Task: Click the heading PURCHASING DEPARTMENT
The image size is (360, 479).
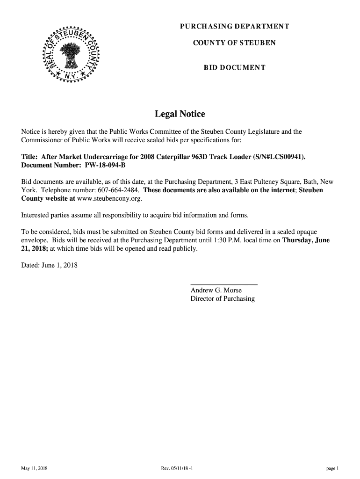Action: click(x=234, y=26)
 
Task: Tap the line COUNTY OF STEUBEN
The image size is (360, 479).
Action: click(x=234, y=43)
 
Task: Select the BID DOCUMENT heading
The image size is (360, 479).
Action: click(x=234, y=68)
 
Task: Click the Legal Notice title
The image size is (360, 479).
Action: click(x=180, y=114)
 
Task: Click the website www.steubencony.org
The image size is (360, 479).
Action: click(x=109, y=199)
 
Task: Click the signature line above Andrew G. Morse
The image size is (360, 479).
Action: click(x=224, y=284)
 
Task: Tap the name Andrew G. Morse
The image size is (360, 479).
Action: click(x=216, y=290)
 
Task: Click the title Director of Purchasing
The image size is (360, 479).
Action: click(x=223, y=299)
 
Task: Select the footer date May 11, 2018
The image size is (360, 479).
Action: click(x=34, y=468)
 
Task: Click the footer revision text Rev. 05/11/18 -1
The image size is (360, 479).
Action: click(x=180, y=468)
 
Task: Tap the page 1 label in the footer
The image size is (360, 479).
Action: click(x=332, y=468)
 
